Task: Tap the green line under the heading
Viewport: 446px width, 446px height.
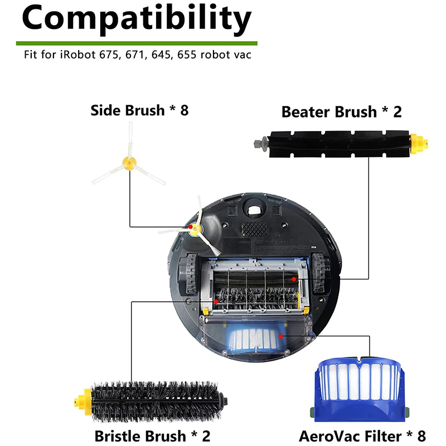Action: [137, 42]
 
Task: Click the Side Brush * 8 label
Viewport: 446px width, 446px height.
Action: [139, 110]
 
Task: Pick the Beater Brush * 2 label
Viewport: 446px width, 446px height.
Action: [341, 111]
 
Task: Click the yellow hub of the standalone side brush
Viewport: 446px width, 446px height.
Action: [128, 163]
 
